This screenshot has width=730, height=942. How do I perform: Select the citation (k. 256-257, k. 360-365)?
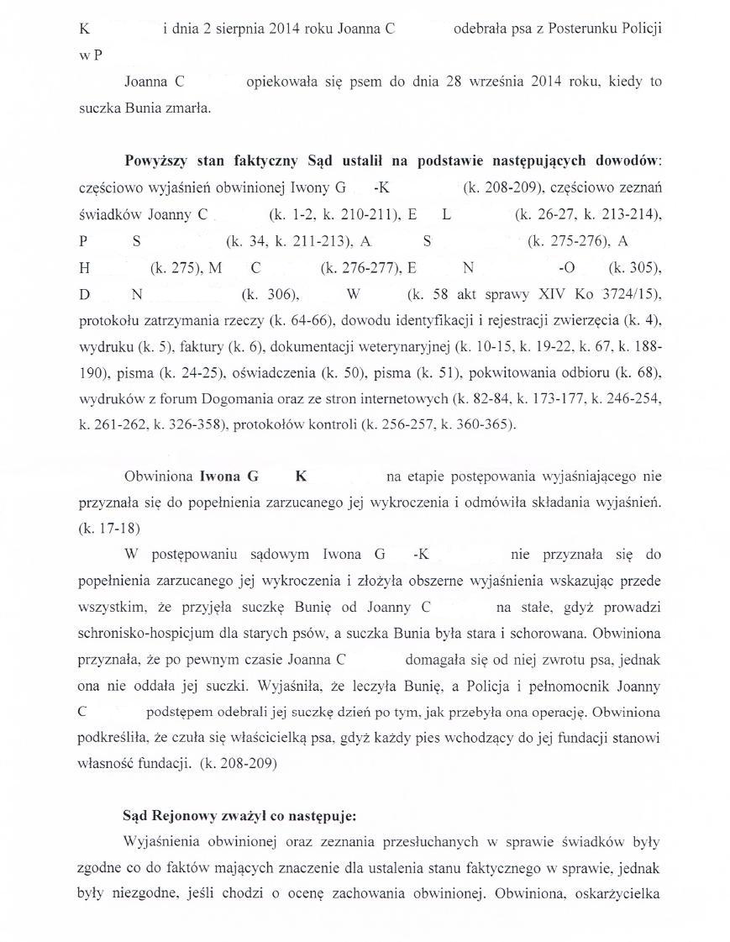(x=437, y=425)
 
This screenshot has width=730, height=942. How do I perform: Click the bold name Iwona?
(x=220, y=476)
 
